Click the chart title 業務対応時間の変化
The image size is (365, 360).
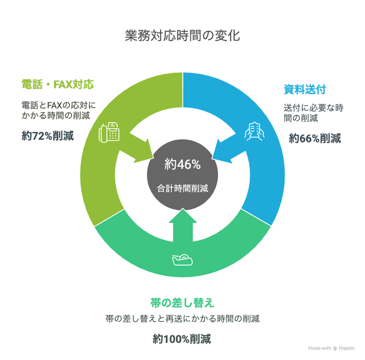coord(182,35)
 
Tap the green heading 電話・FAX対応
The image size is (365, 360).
coord(60,83)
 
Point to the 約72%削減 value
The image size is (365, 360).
coord(47,137)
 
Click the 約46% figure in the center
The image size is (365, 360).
coord(182,165)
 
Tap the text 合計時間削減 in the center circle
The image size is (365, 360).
coord(182,188)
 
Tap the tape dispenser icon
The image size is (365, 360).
coord(182,258)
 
